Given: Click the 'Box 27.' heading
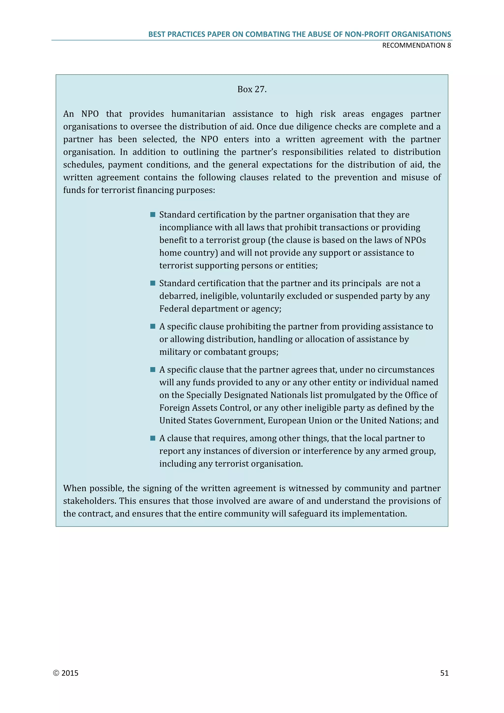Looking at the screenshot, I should [252, 89].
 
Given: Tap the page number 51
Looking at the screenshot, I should [444, 673].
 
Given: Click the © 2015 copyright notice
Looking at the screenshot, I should [66, 673].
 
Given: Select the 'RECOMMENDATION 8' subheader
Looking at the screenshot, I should [416, 45].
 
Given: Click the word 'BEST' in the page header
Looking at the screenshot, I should [157, 34].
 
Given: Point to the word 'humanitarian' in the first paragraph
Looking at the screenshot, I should [198, 114].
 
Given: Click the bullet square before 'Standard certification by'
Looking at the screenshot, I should [153, 215].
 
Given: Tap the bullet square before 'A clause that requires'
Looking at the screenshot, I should [153, 438].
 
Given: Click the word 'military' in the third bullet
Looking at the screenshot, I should [175, 352].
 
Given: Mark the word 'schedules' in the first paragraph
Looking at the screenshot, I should [83, 165].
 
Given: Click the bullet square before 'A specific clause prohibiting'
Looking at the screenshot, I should [153, 326].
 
